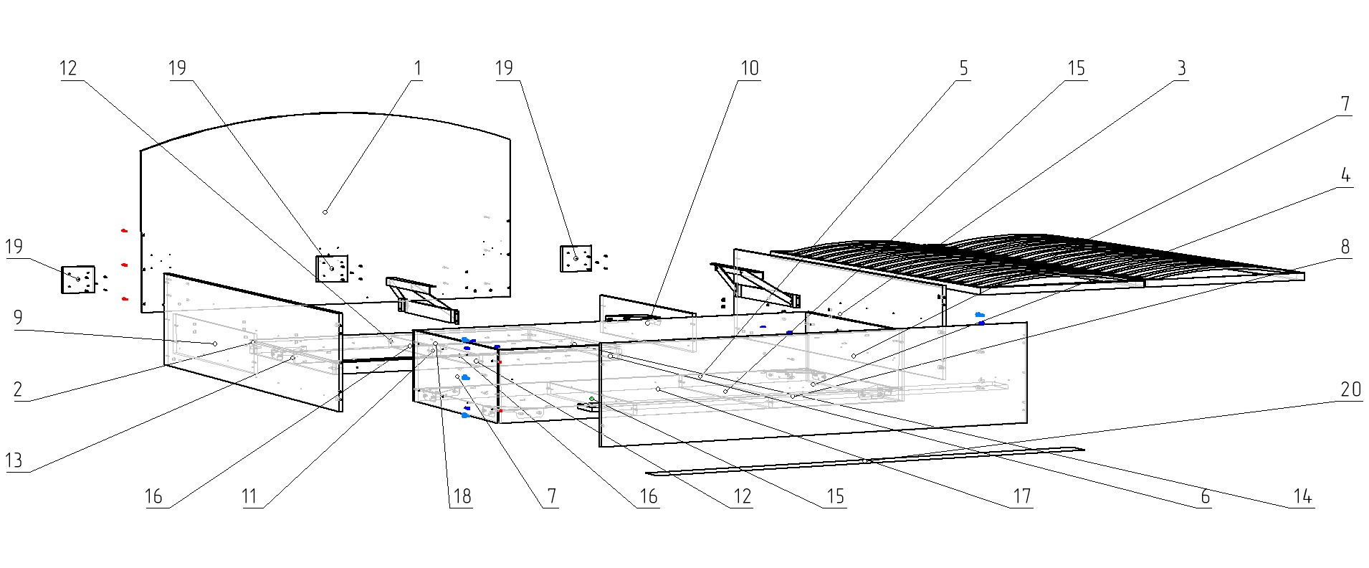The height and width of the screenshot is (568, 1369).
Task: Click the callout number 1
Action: point(418,68)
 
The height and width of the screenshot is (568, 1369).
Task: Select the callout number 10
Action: point(749,68)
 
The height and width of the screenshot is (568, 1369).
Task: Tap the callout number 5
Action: point(963,68)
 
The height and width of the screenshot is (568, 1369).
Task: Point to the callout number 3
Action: point(1181,68)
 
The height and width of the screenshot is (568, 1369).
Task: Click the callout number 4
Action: point(1345,175)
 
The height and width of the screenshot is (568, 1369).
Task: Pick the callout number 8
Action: point(1345,247)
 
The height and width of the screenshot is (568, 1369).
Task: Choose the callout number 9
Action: point(18,318)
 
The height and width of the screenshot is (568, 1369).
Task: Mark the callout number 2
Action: point(18,389)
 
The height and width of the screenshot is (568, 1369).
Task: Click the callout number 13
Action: point(14,460)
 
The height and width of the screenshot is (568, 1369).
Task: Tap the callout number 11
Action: point(249,496)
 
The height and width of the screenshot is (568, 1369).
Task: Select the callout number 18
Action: point(462,496)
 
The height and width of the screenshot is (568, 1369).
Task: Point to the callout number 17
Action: point(1021,496)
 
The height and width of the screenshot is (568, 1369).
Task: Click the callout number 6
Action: point(1205,496)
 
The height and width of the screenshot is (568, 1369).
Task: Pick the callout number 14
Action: point(1302,496)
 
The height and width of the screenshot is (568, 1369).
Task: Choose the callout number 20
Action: point(1351,389)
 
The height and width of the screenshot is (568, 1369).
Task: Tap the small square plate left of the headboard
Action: point(78,280)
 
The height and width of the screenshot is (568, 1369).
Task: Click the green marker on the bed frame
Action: point(591,399)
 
